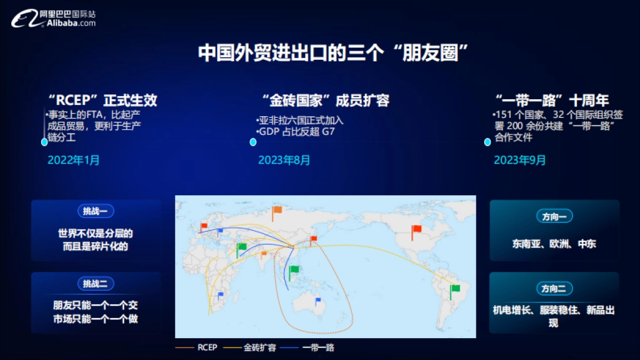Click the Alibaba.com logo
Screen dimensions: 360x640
point(53,19)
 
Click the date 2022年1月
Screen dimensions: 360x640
point(74,160)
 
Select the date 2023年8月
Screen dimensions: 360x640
point(284,160)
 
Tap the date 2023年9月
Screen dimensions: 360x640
point(520,160)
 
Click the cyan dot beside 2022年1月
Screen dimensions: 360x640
point(44,142)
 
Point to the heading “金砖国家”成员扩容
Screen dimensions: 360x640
point(326,100)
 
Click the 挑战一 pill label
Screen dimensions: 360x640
point(95,211)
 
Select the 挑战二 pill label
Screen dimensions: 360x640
point(95,284)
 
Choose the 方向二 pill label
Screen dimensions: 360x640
point(554,289)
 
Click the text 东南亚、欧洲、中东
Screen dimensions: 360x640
point(554,244)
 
